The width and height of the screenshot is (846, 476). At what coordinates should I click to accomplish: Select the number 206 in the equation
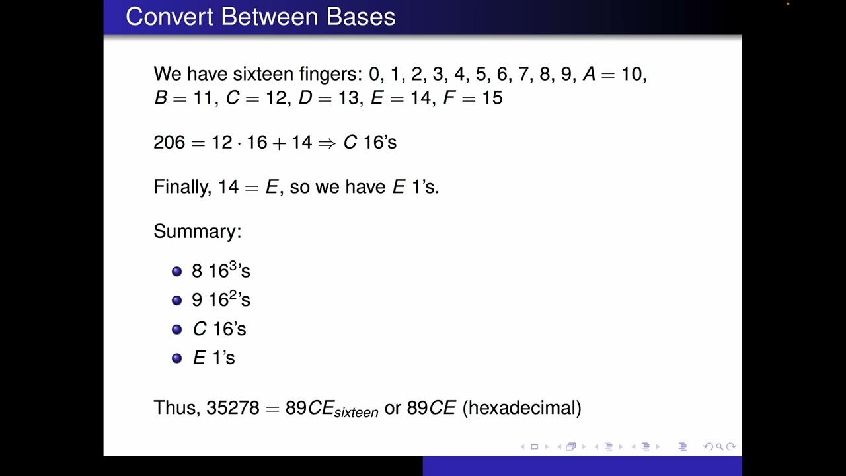point(169,142)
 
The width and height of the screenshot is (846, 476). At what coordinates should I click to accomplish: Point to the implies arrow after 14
point(327,143)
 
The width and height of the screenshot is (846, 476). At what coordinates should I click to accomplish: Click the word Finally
point(182,187)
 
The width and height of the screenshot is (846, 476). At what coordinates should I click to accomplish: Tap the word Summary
point(197,231)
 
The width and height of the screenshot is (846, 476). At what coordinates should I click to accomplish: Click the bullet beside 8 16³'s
point(176,271)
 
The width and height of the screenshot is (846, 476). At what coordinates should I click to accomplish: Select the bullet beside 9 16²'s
point(176,300)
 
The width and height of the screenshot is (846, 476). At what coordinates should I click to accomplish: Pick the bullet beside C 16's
point(176,329)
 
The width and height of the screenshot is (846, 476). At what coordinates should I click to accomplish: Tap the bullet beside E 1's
point(176,358)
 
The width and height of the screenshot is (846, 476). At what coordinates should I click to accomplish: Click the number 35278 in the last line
point(233,407)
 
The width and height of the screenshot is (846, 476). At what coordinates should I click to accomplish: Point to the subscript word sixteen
point(356,413)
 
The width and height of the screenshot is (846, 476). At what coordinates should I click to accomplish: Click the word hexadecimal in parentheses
point(521,407)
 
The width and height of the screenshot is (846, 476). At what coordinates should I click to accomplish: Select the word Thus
point(175,407)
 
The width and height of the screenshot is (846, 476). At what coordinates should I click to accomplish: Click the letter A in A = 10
point(589,74)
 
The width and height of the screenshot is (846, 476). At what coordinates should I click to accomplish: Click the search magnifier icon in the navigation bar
point(720,447)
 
